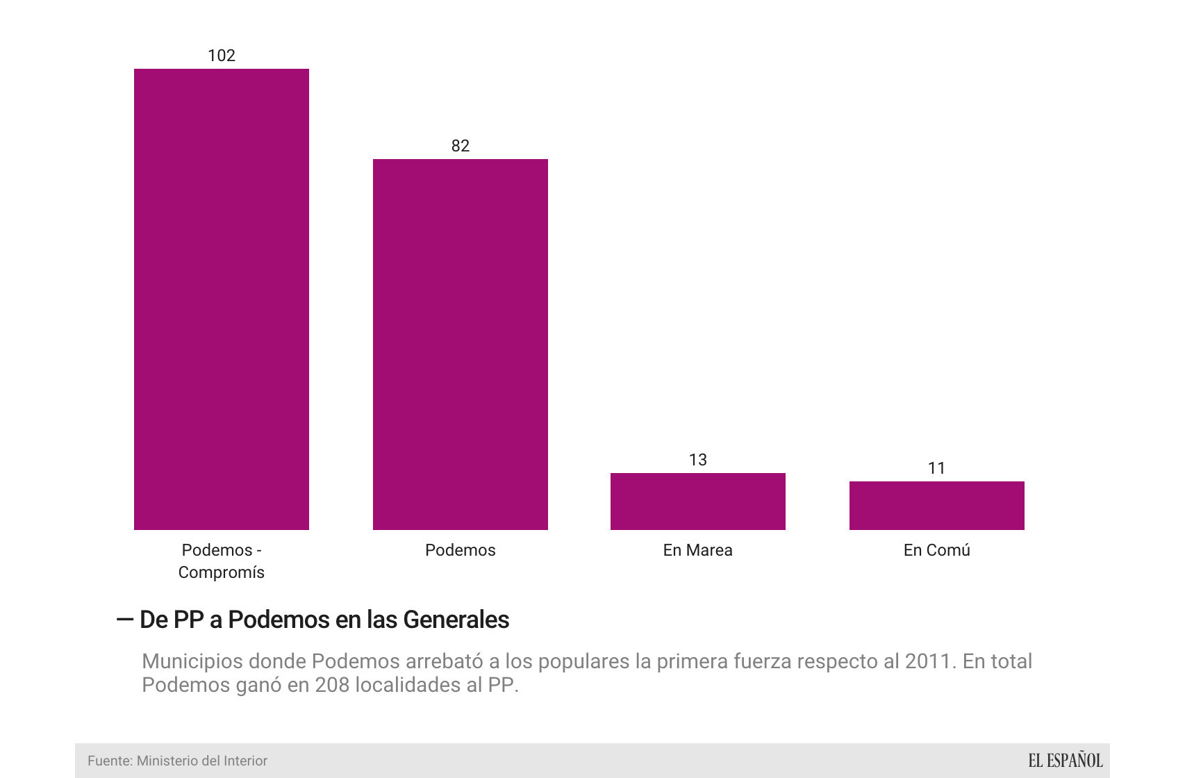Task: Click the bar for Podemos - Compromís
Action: click(x=222, y=299)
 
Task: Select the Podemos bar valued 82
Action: click(x=460, y=344)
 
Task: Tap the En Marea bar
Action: click(x=697, y=501)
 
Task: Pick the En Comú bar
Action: click(x=936, y=505)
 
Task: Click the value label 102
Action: click(x=222, y=56)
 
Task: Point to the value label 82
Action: click(x=460, y=146)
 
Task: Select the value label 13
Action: click(x=697, y=460)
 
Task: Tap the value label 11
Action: click(x=936, y=468)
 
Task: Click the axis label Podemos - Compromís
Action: click(x=222, y=561)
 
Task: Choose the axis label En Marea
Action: click(x=697, y=550)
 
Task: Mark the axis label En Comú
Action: click(x=936, y=550)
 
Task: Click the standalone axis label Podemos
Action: click(x=460, y=550)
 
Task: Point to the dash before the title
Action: click(x=125, y=619)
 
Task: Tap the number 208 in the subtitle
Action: click(x=333, y=685)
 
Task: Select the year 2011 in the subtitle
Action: click(x=928, y=661)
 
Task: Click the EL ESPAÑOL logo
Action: click(x=1065, y=761)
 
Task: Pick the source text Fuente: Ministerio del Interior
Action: click(x=177, y=761)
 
